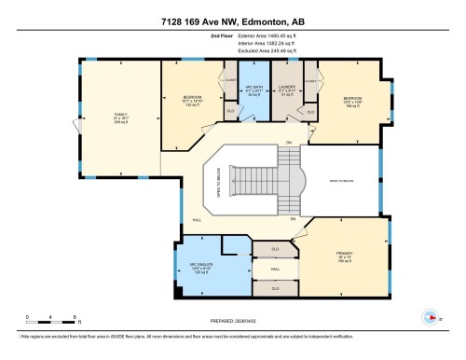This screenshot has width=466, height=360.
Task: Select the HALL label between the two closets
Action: click(275, 270)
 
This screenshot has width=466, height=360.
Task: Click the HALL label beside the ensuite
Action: click(197, 220)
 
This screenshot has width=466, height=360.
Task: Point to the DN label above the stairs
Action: click(289, 142)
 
